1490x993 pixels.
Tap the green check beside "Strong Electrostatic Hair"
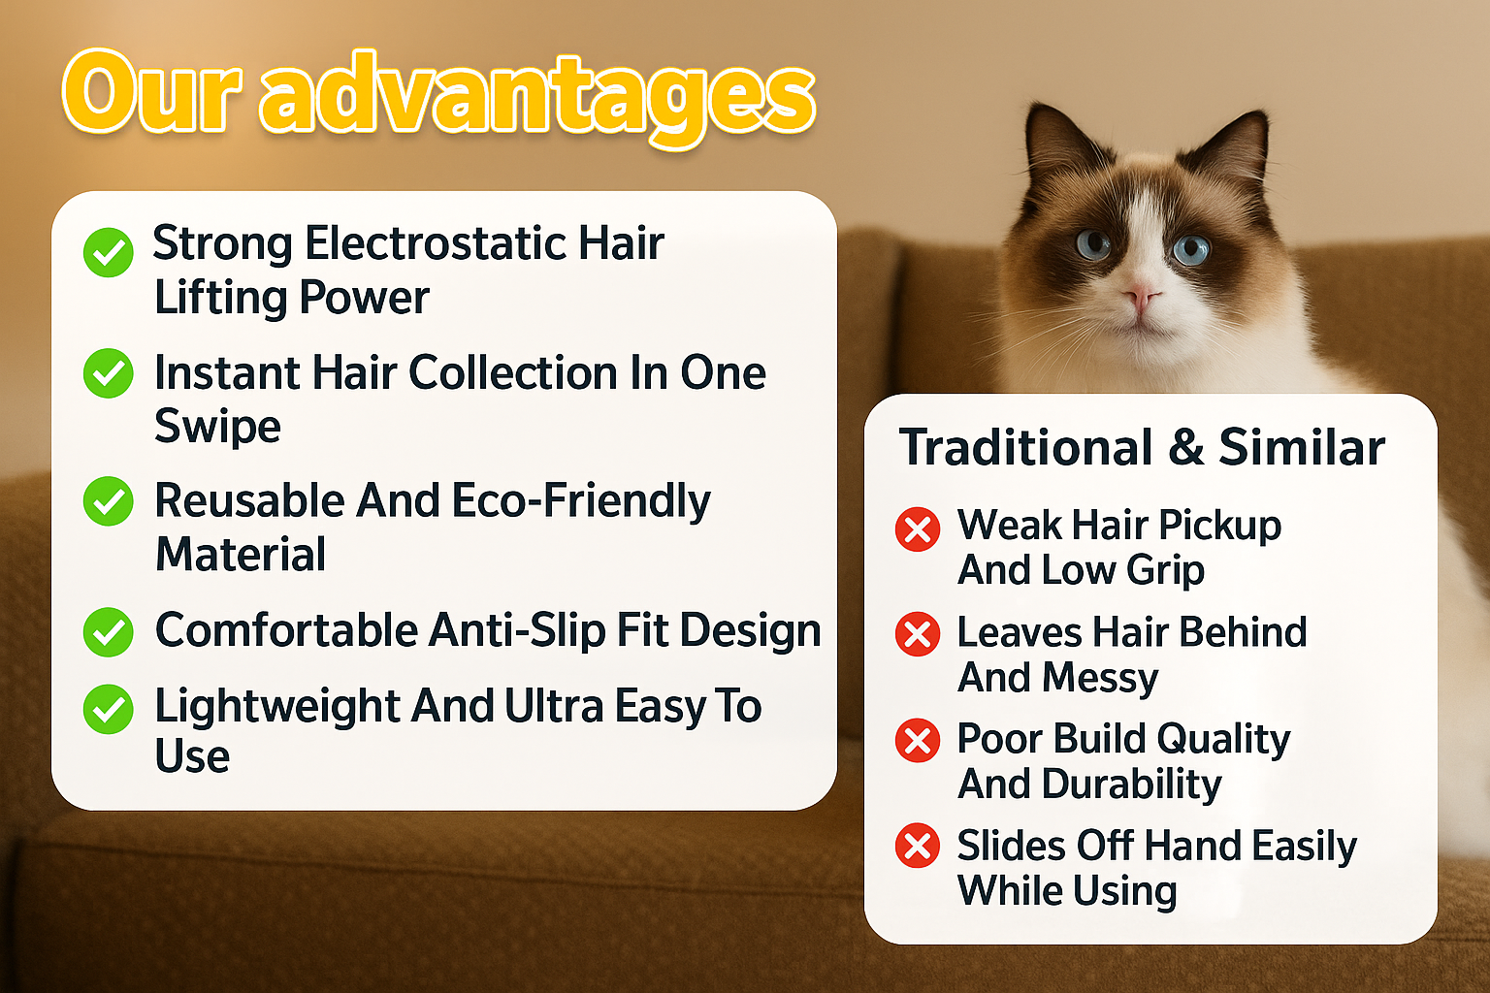[109, 252]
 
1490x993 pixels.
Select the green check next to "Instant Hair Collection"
[109, 373]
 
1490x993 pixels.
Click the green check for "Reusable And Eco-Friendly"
[109, 500]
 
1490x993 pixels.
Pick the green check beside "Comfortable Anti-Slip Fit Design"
[109, 632]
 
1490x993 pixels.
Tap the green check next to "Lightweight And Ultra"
[109, 709]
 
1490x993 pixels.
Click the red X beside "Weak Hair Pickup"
[918, 529]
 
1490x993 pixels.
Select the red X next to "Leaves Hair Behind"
[918, 634]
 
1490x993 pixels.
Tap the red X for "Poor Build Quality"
[918, 740]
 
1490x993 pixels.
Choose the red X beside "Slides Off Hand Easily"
[918, 846]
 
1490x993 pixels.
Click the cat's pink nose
[1142, 296]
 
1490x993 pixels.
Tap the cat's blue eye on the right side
[1190, 247]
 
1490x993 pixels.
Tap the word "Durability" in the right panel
[1131, 785]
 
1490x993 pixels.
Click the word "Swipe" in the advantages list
[217, 427]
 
